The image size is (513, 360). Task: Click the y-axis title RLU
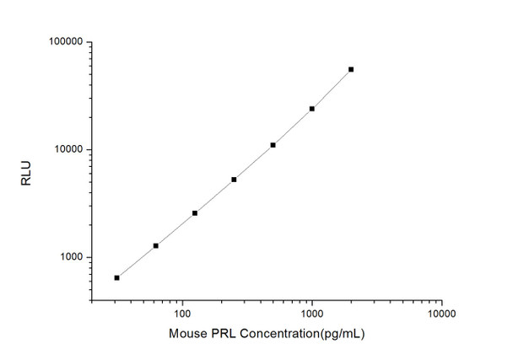coord(26,171)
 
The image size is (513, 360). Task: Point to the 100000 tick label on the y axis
coord(63,42)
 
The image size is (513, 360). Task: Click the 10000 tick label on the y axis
coord(66,150)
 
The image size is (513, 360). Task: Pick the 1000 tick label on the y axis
coord(68,258)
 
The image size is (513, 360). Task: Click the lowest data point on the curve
coord(116,277)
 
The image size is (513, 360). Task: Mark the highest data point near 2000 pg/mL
coord(351,69)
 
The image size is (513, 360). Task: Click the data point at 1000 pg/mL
coord(312,109)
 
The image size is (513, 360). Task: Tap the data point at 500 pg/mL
coord(273,145)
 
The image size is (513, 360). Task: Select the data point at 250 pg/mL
coord(234,180)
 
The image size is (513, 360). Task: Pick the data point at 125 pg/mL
coord(195,213)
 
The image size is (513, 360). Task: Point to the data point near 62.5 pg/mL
coord(155,245)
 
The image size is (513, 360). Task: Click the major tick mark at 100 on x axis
coord(181,299)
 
